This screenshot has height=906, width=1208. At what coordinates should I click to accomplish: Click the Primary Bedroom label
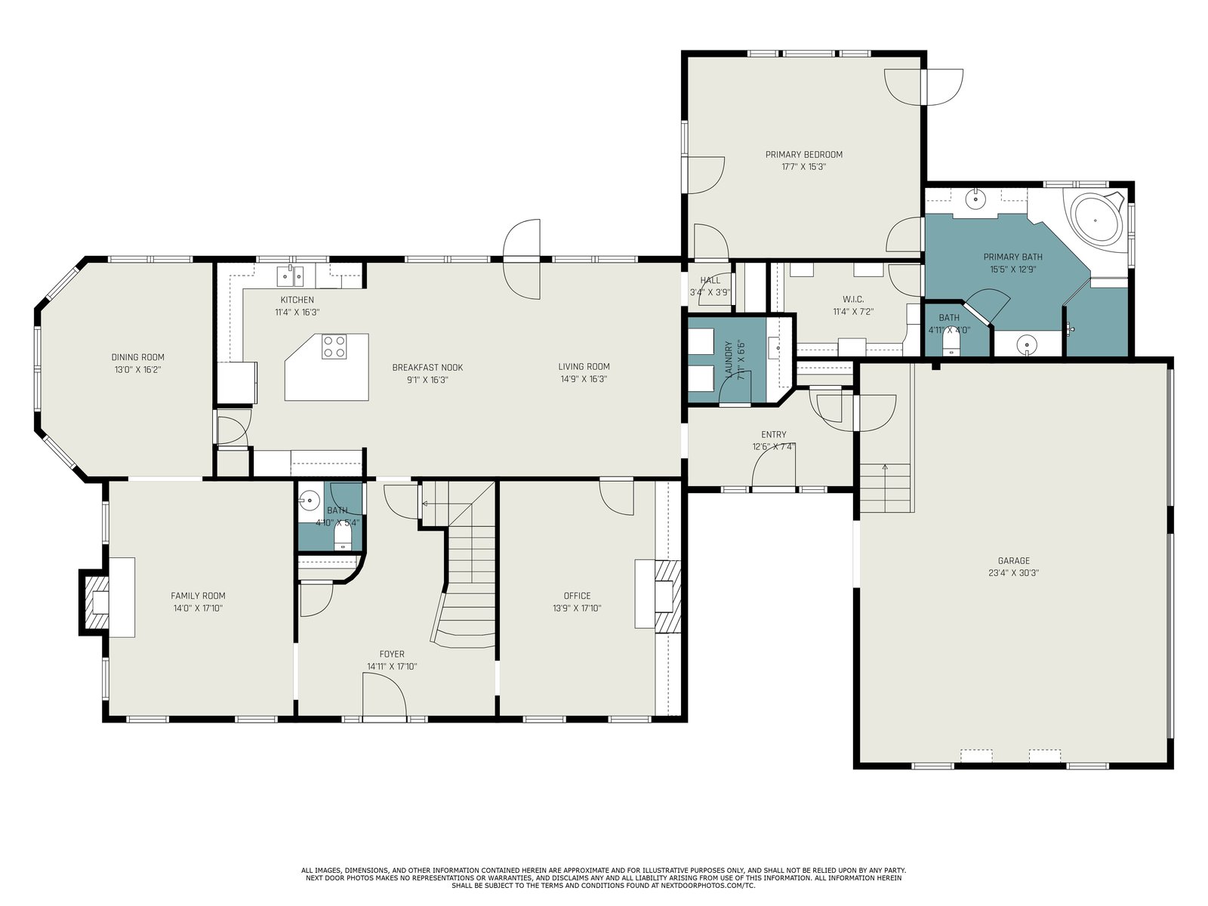pos(803,155)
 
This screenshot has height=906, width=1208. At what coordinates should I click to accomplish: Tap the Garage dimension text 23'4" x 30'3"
pos(1013,572)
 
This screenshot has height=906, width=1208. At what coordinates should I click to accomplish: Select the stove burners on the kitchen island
pos(334,347)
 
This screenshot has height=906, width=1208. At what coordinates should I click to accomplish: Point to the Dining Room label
pos(137,357)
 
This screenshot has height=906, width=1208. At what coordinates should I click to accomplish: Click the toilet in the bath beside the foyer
pos(344,536)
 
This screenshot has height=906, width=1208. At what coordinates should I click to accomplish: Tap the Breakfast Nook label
pos(427,367)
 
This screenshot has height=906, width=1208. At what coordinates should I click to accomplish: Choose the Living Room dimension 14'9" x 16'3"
pos(584,379)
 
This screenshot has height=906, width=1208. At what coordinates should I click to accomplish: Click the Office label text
pos(577,596)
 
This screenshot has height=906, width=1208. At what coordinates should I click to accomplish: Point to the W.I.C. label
pos(853,299)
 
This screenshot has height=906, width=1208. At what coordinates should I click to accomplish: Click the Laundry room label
pos(729,359)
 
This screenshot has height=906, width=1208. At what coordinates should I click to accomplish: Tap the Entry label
pos(774,435)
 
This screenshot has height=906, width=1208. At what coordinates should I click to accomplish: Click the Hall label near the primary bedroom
pos(710,281)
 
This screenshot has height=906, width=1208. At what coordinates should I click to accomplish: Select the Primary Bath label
pos(1012,257)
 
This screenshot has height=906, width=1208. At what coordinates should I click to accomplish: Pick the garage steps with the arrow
pos(885,488)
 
